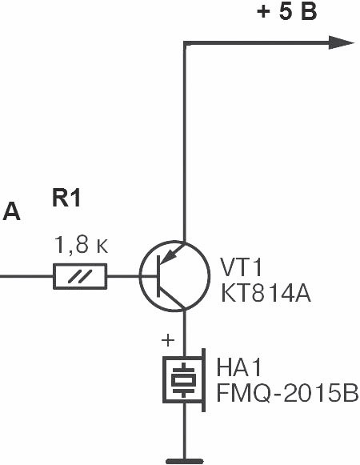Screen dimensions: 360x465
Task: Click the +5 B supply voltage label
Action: (x=287, y=13)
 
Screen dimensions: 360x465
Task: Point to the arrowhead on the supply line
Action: (x=342, y=42)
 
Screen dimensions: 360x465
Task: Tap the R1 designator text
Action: (x=66, y=198)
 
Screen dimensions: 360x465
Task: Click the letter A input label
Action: (x=11, y=212)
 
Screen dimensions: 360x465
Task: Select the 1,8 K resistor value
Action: (x=82, y=245)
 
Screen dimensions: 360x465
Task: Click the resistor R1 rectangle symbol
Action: (x=80, y=276)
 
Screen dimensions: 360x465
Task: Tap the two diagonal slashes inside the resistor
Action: (x=80, y=276)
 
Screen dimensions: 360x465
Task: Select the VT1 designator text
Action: (x=241, y=267)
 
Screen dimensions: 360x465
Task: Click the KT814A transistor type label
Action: (x=266, y=294)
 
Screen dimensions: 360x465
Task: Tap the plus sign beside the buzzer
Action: (x=168, y=340)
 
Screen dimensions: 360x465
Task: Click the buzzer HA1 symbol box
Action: (x=164, y=380)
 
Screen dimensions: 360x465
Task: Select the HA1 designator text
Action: (x=239, y=367)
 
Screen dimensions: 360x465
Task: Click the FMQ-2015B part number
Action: (x=288, y=393)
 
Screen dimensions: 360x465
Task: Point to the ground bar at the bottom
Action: (x=185, y=461)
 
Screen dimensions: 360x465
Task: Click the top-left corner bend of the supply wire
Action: (x=185, y=43)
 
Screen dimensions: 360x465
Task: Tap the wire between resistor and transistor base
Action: (x=122, y=276)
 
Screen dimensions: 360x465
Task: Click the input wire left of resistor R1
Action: (x=26, y=276)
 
